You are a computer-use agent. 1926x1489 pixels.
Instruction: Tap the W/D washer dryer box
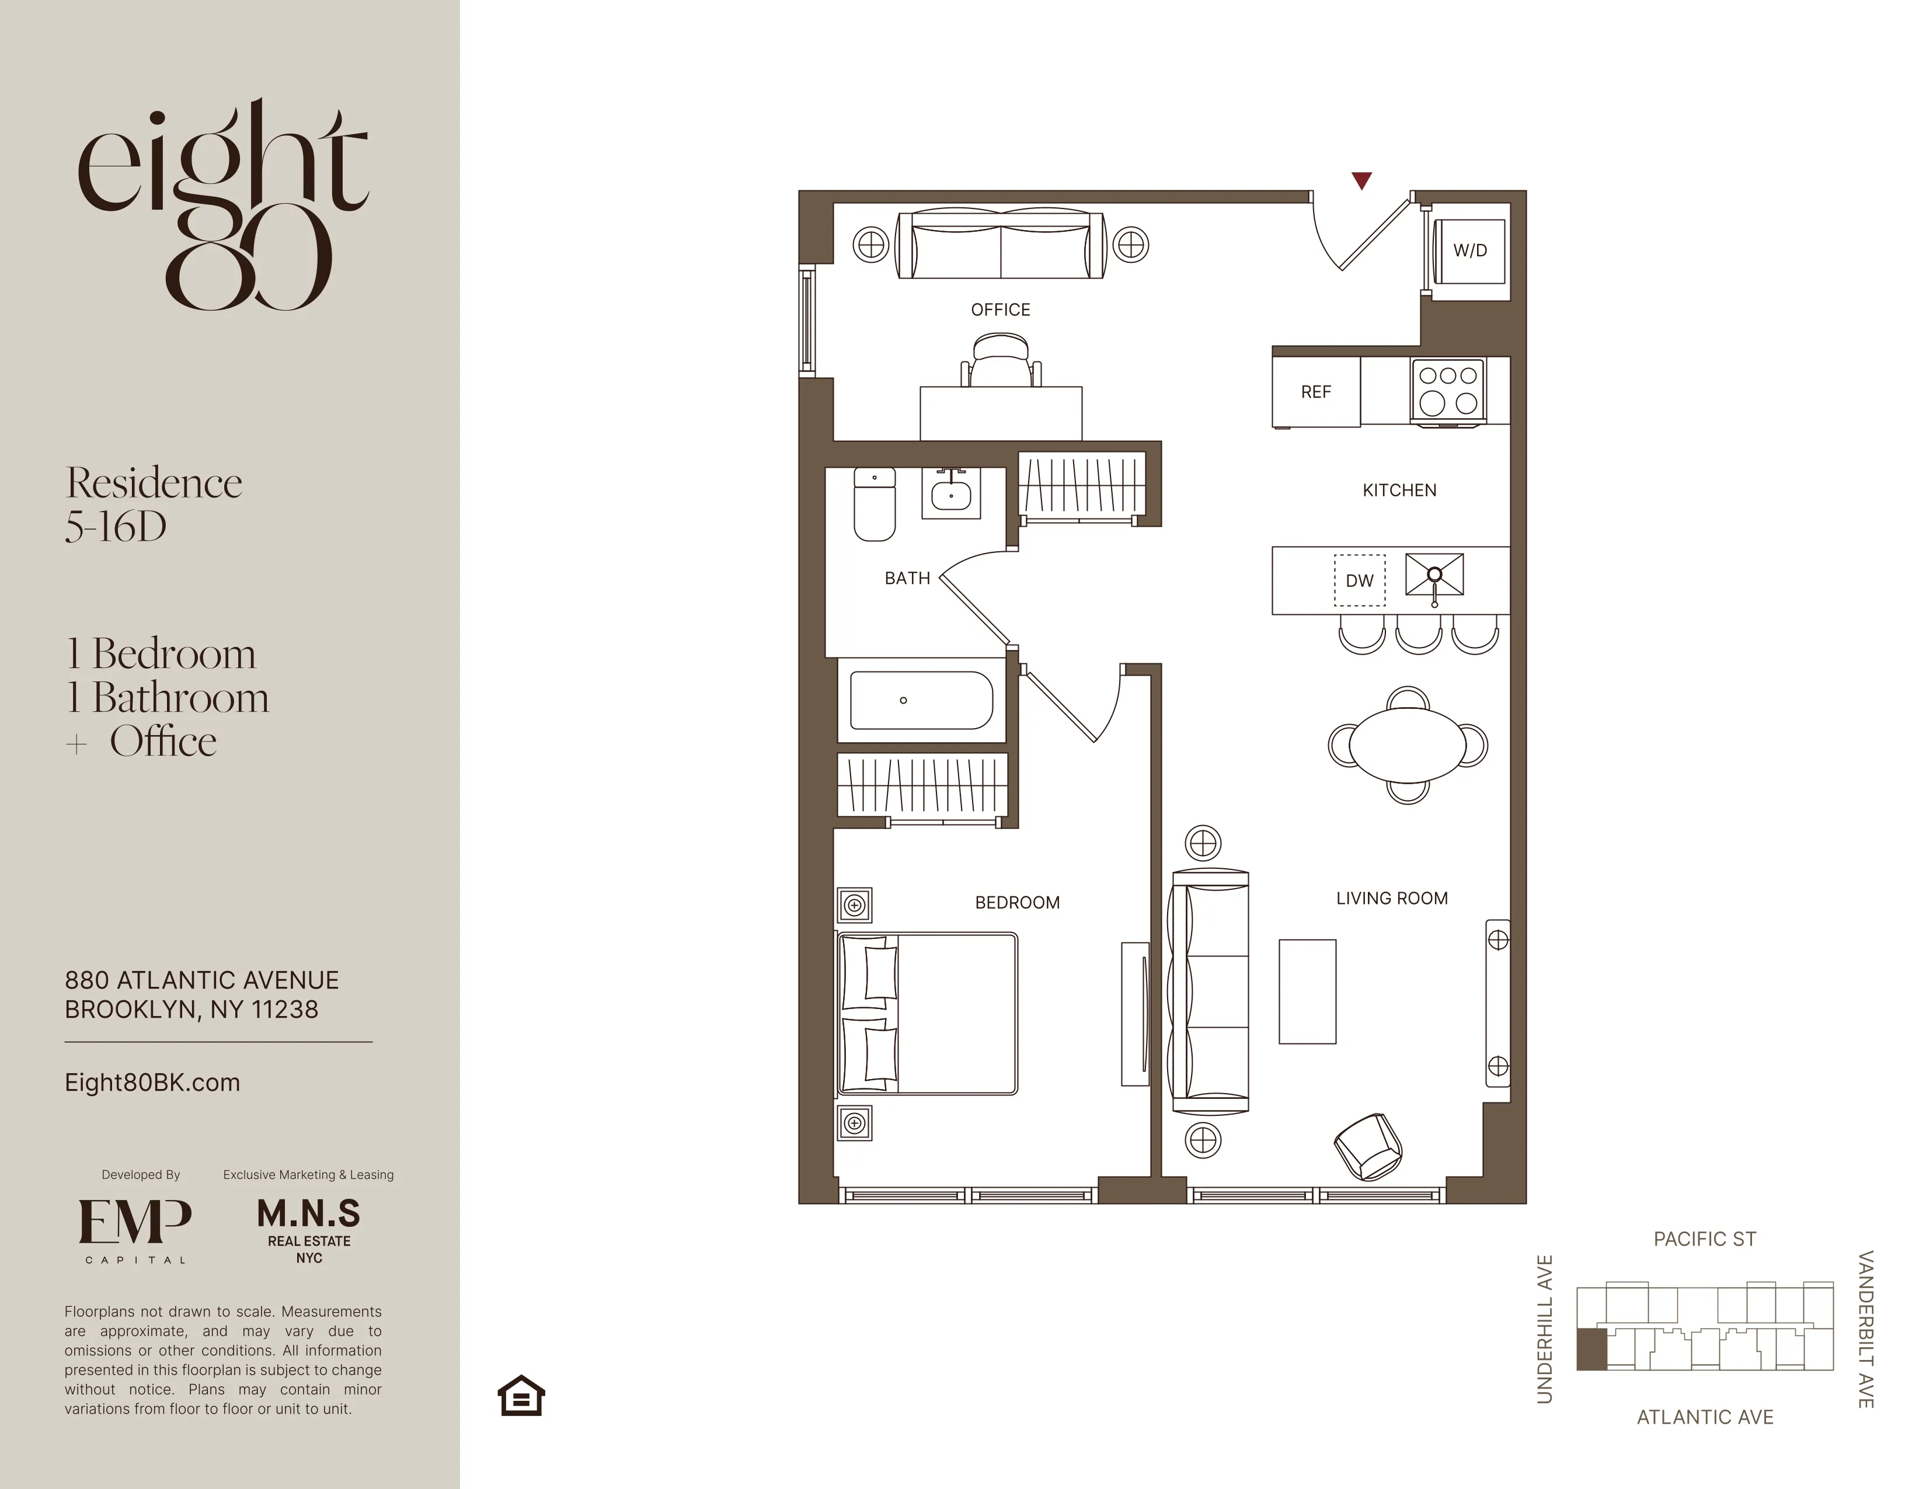1469,251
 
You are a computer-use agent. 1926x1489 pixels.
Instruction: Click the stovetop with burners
1448,390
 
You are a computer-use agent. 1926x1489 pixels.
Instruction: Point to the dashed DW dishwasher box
1359,580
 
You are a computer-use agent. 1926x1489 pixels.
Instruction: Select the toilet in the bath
874,504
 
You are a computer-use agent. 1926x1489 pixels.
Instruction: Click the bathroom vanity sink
950,494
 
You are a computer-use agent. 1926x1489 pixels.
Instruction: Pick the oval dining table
1408,746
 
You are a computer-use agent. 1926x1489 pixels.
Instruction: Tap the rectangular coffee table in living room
1307,991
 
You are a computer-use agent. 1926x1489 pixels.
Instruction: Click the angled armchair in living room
1368,1147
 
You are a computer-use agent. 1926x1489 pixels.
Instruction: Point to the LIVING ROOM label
1392,898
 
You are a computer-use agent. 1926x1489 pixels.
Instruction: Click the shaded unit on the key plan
1591,1349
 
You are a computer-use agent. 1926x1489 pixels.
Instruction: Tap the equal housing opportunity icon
521,1396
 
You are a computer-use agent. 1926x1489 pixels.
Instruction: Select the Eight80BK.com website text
152,1083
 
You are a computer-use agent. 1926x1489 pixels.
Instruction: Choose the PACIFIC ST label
1704,1239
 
